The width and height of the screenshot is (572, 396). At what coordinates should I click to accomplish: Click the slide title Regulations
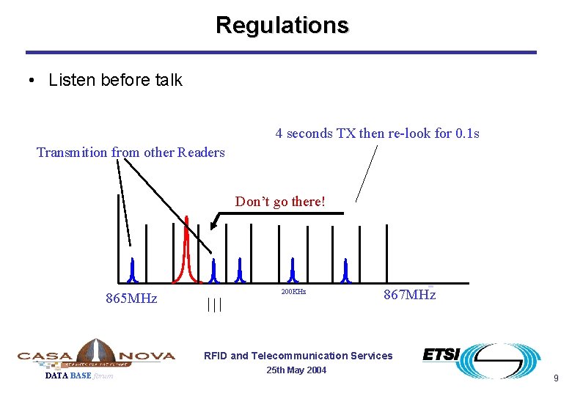coord(282,25)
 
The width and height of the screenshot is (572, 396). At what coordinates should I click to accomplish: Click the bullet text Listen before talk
coord(115,81)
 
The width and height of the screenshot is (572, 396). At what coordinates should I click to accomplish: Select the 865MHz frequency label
coord(131,298)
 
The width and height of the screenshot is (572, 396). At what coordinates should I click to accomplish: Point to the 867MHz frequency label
coord(409,295)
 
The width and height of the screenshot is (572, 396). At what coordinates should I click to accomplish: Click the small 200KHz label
coord(293,292)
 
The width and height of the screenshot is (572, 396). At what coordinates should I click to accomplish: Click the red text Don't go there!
coord(279,202)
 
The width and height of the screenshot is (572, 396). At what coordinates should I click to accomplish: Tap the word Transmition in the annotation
coord(72,153)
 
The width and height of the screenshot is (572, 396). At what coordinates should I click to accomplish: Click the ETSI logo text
coord(441,355)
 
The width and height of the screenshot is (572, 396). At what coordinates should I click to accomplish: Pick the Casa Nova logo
coord(96,355)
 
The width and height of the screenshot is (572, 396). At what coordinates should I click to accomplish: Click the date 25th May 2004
coord(297,370)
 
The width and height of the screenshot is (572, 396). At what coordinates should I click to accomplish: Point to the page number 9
coord(556,378)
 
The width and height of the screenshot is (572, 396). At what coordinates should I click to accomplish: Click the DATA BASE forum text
coord(79,376)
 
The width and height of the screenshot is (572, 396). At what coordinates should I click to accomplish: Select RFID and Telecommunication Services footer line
coord(298,356)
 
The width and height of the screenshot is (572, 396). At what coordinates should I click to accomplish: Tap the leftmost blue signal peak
coord(133,271)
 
